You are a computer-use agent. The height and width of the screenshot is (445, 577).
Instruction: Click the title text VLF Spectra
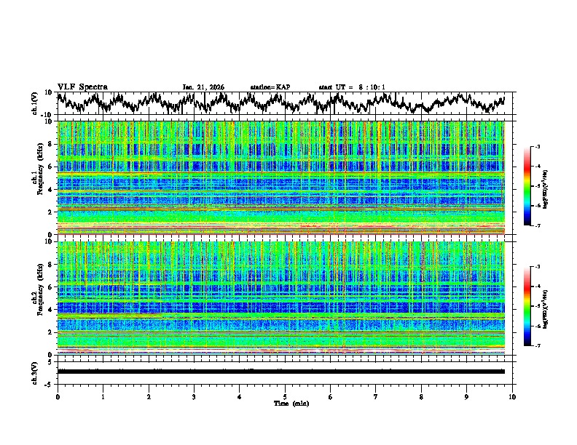82,87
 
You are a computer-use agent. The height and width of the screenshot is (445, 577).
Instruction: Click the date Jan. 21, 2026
203,87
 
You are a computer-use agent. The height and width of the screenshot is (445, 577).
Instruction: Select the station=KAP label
270,87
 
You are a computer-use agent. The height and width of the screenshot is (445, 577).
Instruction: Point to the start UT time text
352,87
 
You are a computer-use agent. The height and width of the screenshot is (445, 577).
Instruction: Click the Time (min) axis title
285,403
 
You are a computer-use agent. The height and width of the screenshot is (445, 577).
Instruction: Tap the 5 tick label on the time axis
285,396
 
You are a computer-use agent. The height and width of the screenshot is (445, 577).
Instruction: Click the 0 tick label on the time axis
58,396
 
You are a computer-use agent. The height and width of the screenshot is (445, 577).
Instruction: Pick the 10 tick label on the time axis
512,396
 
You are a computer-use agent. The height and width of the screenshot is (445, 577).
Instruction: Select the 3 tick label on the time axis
194,396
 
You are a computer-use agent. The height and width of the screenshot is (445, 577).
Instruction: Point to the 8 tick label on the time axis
421,396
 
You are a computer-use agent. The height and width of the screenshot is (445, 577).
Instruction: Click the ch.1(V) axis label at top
36,103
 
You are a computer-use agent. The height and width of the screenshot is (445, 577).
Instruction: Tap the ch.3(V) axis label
36,372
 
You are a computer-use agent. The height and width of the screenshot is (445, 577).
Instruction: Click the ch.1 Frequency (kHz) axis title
36,177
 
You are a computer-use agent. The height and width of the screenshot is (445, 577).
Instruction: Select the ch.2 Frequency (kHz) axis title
36,297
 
